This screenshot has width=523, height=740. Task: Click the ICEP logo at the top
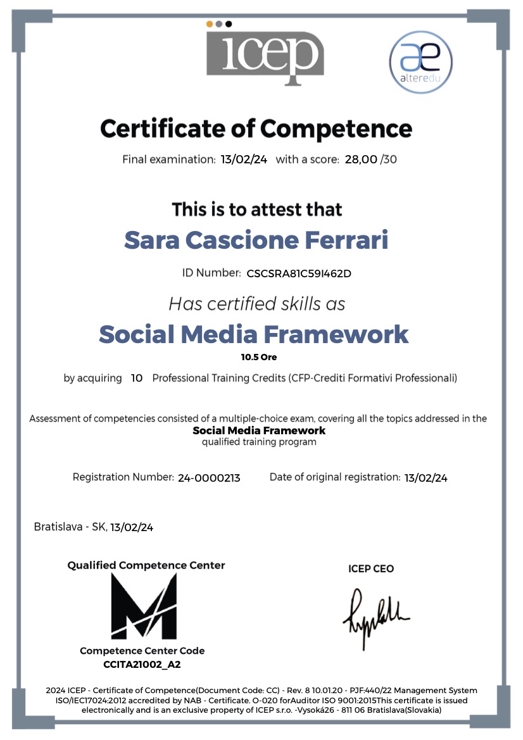click(265, 52)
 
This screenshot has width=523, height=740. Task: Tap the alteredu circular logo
click(420, 63)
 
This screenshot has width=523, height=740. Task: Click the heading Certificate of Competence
click(256, 129)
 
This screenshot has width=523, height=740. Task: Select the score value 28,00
click(360, 159)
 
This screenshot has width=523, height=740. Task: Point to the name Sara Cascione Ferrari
click(256, 240)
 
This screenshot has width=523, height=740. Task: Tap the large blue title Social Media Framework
click(254, 334)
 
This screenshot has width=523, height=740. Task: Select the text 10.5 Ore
click(255, 357)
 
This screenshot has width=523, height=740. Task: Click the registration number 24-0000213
click(209, 478)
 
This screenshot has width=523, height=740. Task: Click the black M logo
click(144, 606)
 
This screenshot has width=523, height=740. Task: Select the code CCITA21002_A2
click(142, 665)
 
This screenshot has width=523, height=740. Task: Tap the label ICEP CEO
click(371, 568)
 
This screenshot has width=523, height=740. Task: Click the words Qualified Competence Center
click(146, 565)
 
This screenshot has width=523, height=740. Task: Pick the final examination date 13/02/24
click(244, 159)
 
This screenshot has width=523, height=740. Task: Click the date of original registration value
click(425, 478)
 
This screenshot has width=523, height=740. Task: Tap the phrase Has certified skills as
click(257, 304)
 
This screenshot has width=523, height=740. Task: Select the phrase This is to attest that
click(257, 209)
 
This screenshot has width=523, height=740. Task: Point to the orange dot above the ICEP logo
click(210, 24)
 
